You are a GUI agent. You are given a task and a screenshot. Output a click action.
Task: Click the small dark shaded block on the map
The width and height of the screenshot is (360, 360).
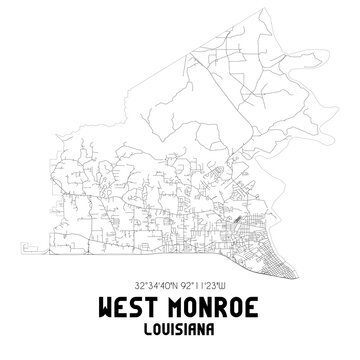click(x=237, y=210)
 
